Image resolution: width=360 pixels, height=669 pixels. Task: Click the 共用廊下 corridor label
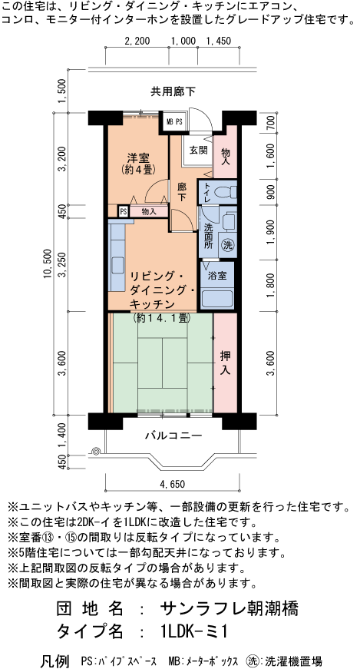172,92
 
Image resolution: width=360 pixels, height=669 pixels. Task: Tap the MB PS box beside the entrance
174,121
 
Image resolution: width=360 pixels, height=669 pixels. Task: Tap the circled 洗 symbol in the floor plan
227,245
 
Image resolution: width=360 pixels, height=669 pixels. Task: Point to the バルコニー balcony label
174,436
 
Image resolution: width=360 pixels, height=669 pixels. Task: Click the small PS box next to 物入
123,211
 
